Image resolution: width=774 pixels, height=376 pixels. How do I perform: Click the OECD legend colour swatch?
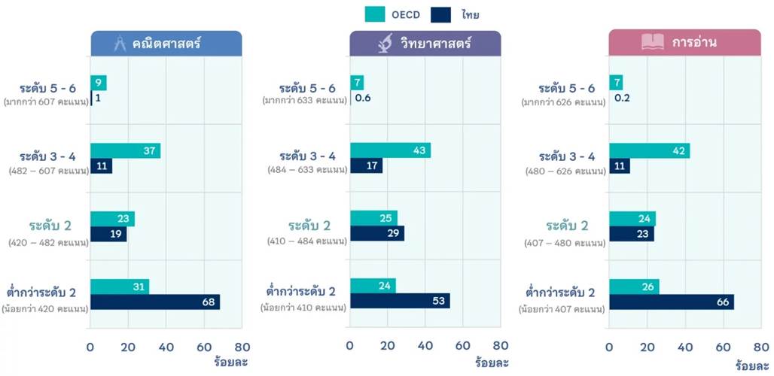(375, 14)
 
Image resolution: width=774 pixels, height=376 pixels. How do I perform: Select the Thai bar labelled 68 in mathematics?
(154, 302)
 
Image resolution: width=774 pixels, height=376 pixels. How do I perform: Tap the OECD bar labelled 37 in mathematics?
(125, 150)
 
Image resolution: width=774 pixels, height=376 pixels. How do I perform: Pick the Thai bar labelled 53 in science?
(400, 301)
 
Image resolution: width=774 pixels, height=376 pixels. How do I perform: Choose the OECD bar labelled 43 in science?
(390, 150)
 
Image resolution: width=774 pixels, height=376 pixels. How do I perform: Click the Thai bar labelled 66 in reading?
(671, 302)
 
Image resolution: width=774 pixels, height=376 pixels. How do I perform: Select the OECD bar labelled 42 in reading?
(649, 150)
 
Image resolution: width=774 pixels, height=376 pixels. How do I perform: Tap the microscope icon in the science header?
(384, 44)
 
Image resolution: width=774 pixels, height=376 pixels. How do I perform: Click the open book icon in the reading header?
(652, 43)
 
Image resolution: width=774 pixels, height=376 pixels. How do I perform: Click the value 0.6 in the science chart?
(363, 98)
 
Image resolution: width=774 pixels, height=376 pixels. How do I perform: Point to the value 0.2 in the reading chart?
(623, 98)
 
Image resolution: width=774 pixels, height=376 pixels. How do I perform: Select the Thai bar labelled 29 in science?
(376, 233)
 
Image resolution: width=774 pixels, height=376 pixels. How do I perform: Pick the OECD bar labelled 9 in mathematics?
(98, 83)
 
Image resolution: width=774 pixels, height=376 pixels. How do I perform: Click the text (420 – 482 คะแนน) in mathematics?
(48, 242)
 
